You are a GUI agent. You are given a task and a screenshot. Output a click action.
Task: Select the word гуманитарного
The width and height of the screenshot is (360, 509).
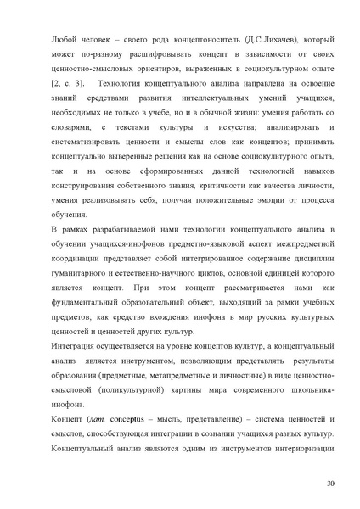pyautogui.click(x=86, y=280)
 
